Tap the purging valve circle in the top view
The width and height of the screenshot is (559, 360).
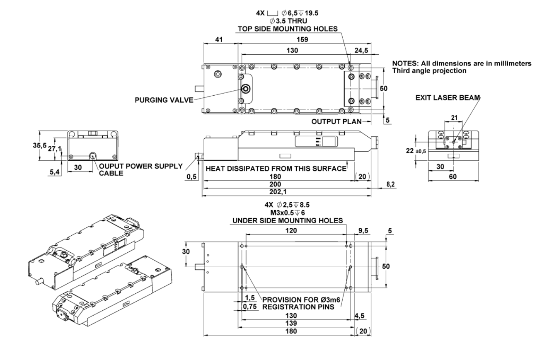click(246, 89)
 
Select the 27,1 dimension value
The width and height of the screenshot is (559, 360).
click(55, 148)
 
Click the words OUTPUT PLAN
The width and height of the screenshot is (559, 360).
click(336, 121)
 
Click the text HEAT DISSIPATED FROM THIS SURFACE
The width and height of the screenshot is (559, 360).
click(276, 169)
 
